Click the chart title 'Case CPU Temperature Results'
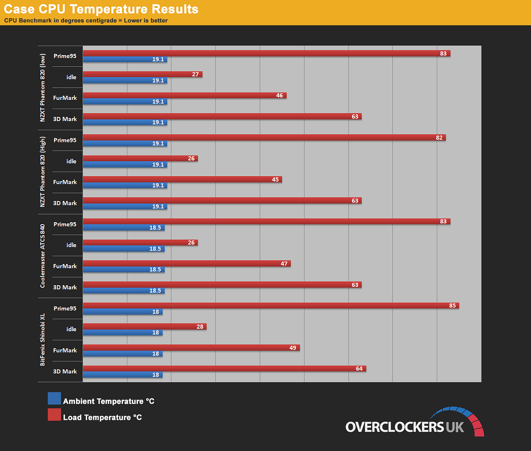pyautogui.click(x=101, y=9)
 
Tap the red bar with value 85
pyautogui.click(x=271, y=306)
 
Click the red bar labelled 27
pyautogui.click(x=142, y=74)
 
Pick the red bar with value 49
pyautogui.click(x=191, y=347)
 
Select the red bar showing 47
pyautogui.click(x=187, y=264)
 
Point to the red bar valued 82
pyautogui.click(x=264, y=137)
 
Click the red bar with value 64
pyautogui.click(x=224, y=368)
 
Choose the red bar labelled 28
pyautogui.click(x=145, y=327)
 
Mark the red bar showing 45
pyautogui.click(x=182, y=180)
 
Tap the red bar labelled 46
pyautogui.click(x=185, y=95)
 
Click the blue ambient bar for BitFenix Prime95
pyautogui.click(x=122, y=312)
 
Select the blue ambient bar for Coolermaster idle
pyautogui.click(x=124, y=249)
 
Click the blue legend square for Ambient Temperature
pyautogui.click(x=54, y=398)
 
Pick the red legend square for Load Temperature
pyautogui.click(x=54, y=415)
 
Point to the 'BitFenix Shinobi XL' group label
pyautogui.click(x=43, y=340)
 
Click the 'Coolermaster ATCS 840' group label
pyautogui.click(x=43, y=256)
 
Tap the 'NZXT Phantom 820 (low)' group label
pyautogui.click(x=43, y=88)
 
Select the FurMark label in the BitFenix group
pyautogui.click(x=65, y=350)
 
